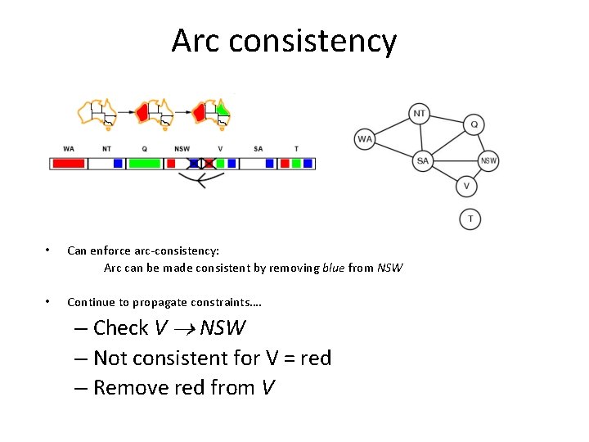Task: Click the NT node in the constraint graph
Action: point(420,114)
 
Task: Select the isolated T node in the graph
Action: point(470,219)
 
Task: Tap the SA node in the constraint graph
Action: point(422,160)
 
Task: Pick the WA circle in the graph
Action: point(365,139)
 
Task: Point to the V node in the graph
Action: point(466,187)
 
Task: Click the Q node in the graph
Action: point(474,124)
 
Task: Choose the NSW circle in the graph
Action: point(488,160)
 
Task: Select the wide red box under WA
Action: point(69,164)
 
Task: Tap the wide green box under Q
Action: point(145,164)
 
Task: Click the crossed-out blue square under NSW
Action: point(194,164)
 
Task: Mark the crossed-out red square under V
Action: point(209,164)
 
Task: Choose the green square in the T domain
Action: point(296,164)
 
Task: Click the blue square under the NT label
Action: point(118,164)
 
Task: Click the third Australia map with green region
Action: point(212,115)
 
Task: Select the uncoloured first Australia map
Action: point(96,115)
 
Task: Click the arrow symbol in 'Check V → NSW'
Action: point(185,329)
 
